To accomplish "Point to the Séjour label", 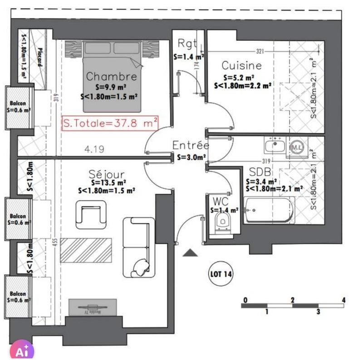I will point(107,174).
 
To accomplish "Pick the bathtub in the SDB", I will point(269,211).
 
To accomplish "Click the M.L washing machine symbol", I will point(296,147).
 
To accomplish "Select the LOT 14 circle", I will point(221,274).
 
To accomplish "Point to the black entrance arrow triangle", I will point(190,253).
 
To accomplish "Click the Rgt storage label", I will point(187,44).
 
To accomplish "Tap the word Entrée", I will point(191,146).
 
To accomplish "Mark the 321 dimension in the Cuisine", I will point(260,50).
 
